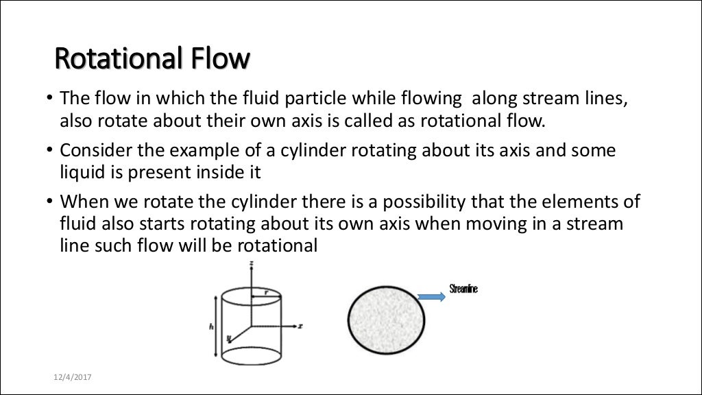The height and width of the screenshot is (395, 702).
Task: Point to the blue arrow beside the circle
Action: (x=431, y=296)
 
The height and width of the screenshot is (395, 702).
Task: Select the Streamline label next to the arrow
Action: (x=463, y=289)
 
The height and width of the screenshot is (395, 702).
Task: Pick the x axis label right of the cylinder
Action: (x=300, y=326)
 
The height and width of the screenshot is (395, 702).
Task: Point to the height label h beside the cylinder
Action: (x=211, y=326)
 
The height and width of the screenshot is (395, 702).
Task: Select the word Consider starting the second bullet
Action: (x=91, y=150)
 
